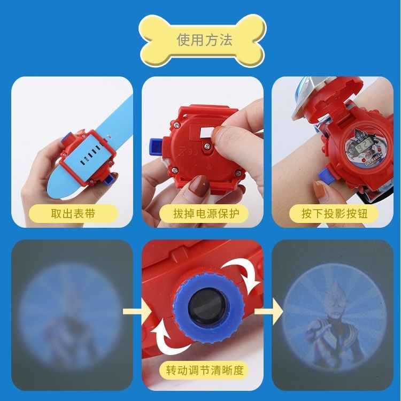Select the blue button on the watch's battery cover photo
click(x=155, y=144)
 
